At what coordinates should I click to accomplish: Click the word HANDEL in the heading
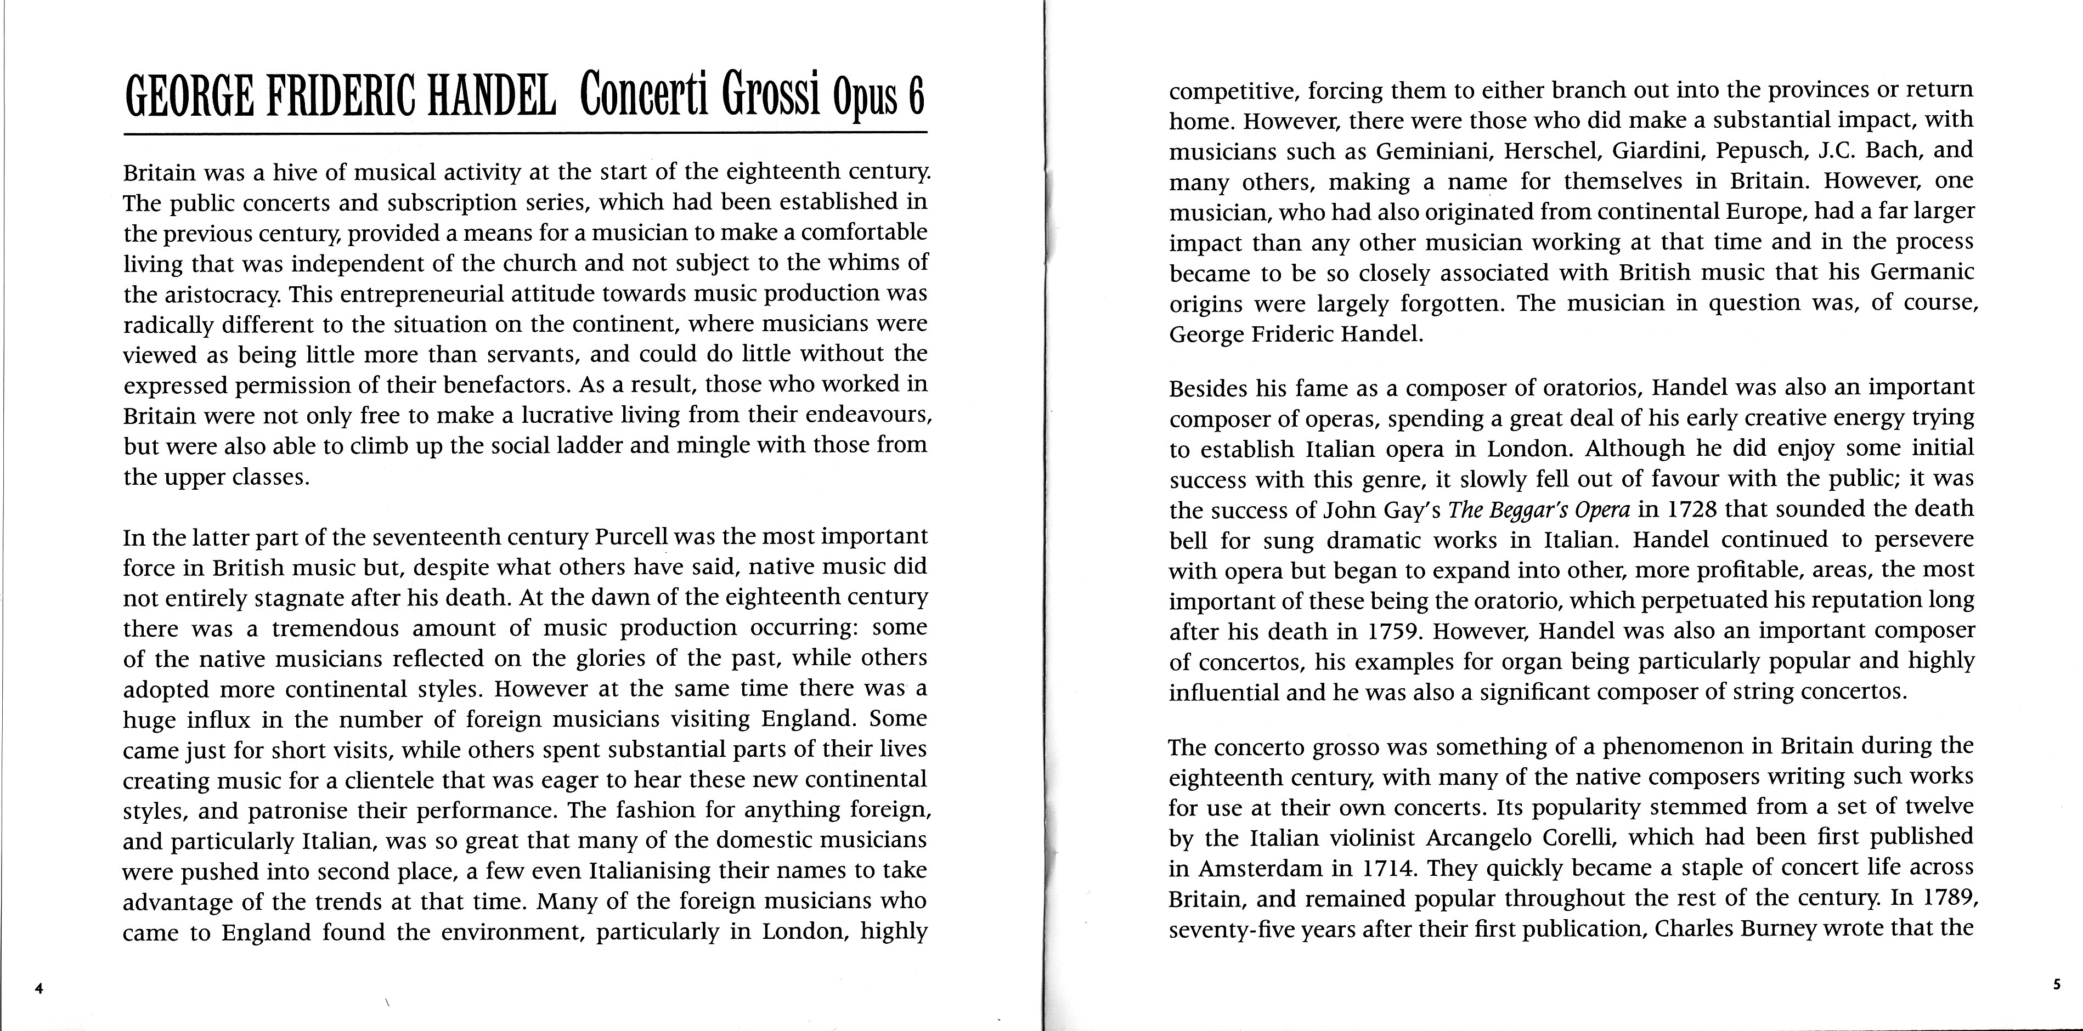491,97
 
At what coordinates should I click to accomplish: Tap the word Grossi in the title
772,97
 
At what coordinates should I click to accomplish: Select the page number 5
2056,985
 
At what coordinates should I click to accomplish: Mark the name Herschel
1547,150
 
